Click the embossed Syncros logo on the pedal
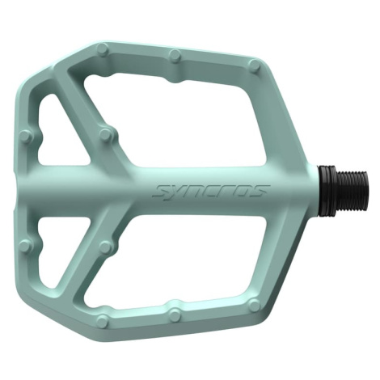211,191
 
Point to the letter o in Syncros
243,191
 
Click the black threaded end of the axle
352,191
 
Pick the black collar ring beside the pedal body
327,191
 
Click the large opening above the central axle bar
179,120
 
